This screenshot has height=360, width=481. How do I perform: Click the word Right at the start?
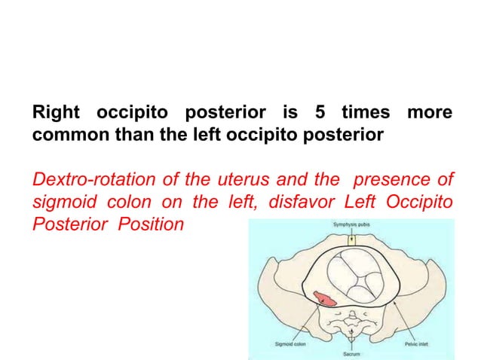point(55,114)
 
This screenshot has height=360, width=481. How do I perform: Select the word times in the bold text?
point(364,114)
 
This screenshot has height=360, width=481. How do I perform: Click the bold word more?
point(429,114)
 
